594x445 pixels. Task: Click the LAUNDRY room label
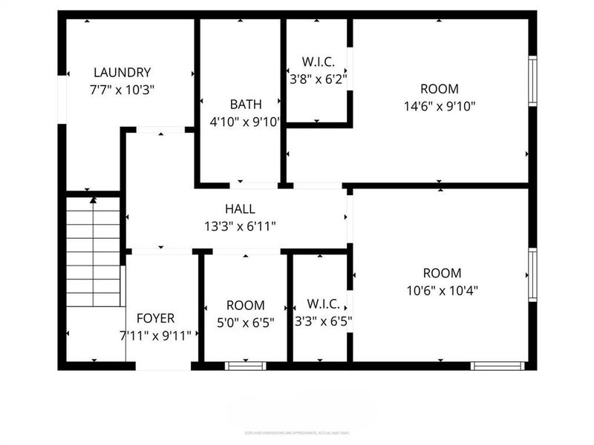coord(122,73)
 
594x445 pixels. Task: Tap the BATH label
coord(245,105)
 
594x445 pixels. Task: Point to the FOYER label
coord(156,319)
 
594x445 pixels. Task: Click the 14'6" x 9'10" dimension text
coord(440,105)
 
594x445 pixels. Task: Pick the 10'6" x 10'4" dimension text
coord(442,290)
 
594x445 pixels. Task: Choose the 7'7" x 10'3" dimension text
coord(122,89)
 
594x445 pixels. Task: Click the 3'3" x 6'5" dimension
coord(323,321)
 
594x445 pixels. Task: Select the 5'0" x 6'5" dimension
coord(245,322)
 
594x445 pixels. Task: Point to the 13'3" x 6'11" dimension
coord(240,226)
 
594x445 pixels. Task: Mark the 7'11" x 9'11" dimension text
coord(156,335)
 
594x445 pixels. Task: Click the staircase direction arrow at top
coord(93,200)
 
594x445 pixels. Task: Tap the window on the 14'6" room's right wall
coord(532,80)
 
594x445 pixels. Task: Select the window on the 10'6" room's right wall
coord(532,274)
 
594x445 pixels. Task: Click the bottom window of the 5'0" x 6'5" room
coord(245,365)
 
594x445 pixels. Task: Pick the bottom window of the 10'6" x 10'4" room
coord(497,365)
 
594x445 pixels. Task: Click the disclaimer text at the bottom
coord(297,432)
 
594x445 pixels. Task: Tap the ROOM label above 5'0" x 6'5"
coord(245,306)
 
